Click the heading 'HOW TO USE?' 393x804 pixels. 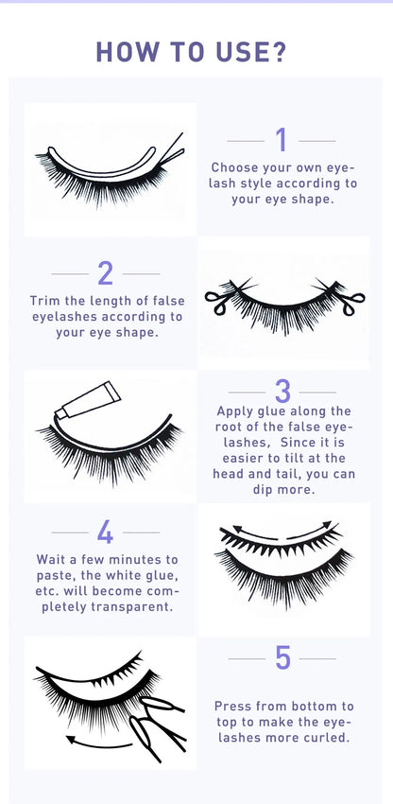(196, 53)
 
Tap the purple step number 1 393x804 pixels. (281, 140)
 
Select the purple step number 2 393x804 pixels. (105, 273)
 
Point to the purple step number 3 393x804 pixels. (282, 391)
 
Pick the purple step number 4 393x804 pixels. (105, 533)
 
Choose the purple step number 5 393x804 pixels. (282, 658)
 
